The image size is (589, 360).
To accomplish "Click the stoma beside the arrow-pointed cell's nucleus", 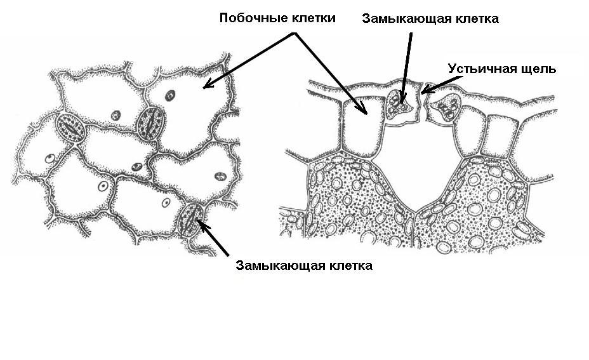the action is [151, 122].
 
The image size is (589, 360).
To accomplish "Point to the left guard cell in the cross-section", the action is [401, 104].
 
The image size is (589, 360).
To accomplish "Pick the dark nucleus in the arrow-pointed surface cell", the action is [169, 96].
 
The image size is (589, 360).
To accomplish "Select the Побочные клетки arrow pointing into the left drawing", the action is [248, 61].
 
